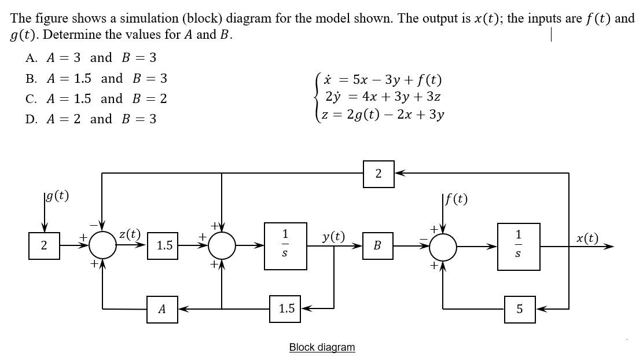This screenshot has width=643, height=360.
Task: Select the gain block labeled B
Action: pyautogui.click(x=377, y=245)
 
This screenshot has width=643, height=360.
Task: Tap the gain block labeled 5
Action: pyautogui.click(x=519, y=309)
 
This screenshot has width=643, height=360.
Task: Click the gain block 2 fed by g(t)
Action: pyautogui.click(x=44, y=245)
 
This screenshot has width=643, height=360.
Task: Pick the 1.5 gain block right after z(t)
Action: pyautogui.click(x=164, y=245)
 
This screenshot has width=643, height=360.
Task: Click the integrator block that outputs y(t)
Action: pyautogui.click(x=285, y=245)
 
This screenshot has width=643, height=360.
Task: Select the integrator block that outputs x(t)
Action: pyautogui.click(x=517, y=245)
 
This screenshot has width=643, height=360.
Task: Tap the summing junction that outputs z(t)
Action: pyautogui.click(x=104, y=245)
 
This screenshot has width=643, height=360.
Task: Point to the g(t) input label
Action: pyautogui.click(x=56, y=196)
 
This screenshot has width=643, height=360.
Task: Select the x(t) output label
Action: pyautogui.click(x=587, y=238)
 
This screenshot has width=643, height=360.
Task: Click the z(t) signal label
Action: pyautogui.click(x=129, y=234)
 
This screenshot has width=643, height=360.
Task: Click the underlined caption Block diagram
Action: pyautogui.click(x=322, y=347)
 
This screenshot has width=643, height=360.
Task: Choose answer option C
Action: pyautogui.click(x=96, y=98)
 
